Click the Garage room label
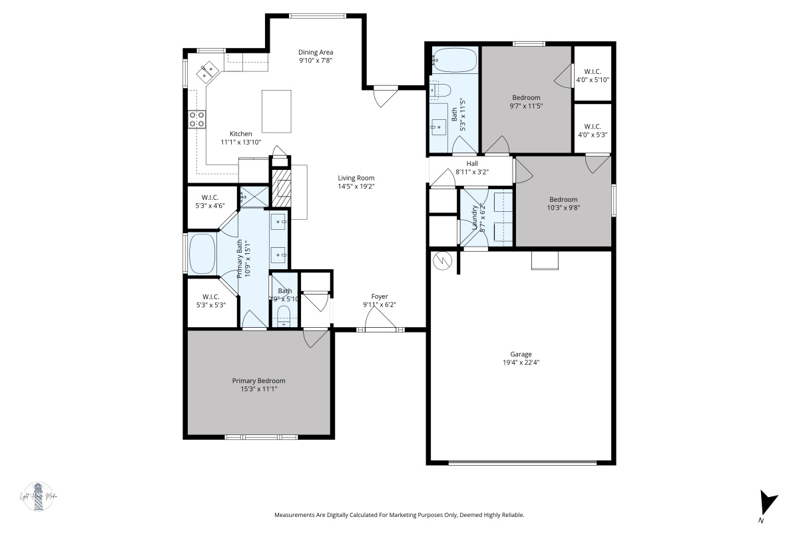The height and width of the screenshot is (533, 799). [x=521, y=354]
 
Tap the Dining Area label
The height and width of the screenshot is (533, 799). [x=315, y=52]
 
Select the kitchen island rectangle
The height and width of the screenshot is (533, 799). [x=276, y=111]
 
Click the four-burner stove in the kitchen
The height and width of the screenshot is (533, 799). [x=196, y=119]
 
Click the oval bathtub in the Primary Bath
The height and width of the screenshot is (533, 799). [x=202, y=254]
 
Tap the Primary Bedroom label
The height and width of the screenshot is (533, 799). [x=258, y=381]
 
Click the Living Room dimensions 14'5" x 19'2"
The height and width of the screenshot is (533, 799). [x=356, y=187]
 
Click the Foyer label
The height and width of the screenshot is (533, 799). [x=380, y=296]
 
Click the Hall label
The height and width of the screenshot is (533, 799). [x=471, y=163]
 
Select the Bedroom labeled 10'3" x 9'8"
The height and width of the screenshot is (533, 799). [x=563, y=199]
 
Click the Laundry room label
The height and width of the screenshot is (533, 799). [x=475, y=218]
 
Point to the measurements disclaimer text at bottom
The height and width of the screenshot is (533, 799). [x=400, y=515]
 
